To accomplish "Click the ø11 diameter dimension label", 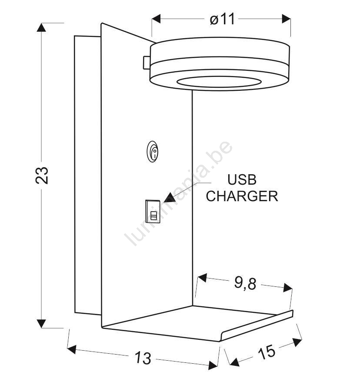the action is point(222,19).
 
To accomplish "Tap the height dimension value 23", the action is point(42,175).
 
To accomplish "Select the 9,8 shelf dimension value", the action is point(245,283).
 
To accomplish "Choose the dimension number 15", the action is point(267,352).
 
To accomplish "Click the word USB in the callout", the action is point(242,179).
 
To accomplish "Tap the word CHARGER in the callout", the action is point(242,196).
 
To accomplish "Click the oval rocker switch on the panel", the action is point(153,152).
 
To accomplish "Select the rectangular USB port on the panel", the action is point(153,212).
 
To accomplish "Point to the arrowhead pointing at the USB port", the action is point(170,198).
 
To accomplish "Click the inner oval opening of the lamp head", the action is point(219,82).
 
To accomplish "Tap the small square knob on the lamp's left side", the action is point(147,63).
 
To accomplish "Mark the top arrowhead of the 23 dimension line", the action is point(41,27).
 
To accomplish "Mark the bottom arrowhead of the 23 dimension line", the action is point(41,324).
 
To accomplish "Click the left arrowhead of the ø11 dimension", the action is point(156,19).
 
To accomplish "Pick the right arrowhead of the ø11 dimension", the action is point(286,19).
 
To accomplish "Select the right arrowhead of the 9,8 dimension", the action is point(288,288).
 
